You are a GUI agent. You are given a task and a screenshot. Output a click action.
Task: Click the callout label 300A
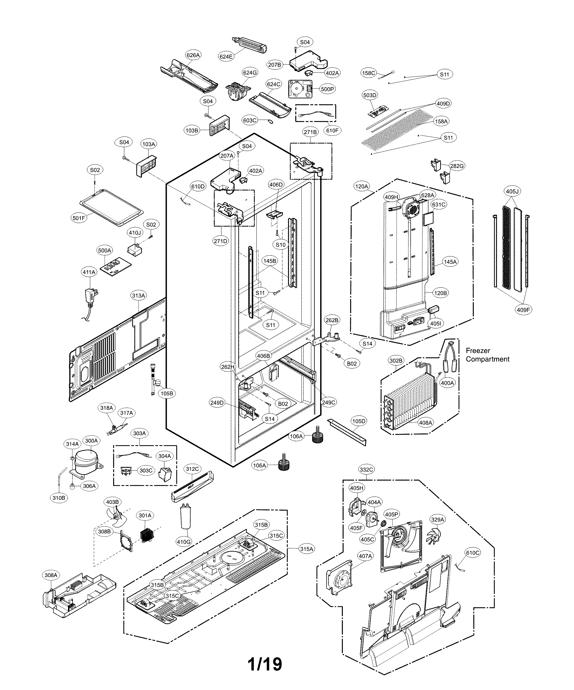[91, 441]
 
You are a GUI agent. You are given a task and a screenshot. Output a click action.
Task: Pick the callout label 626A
[193, 55]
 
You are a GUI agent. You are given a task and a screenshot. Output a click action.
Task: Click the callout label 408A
[425, 422]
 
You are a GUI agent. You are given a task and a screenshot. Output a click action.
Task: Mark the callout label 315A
[307, 549]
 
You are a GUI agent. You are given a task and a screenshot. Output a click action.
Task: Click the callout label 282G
[457, 166]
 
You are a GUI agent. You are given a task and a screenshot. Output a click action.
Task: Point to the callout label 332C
[366, 470]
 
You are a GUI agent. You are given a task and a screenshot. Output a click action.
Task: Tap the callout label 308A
[51, 575]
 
